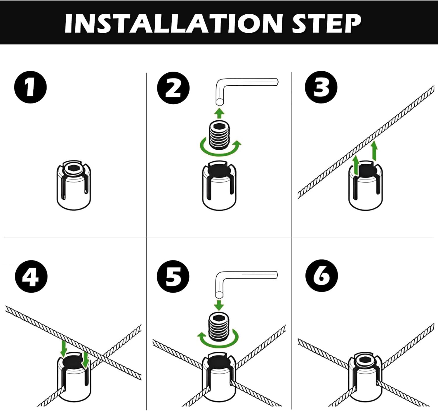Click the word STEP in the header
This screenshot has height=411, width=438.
coord(326,23)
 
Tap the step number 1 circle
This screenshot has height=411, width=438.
coord(30,87)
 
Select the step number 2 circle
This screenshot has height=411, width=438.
coord(173,88)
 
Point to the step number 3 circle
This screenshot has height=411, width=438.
coord(321,87)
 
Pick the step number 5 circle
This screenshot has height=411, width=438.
coord(173,276)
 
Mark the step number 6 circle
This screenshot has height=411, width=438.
coord(321,276)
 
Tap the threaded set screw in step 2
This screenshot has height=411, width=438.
coord(220,135)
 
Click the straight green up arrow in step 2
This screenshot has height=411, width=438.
coord(220,113)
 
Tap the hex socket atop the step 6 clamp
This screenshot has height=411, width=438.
coord(365,360)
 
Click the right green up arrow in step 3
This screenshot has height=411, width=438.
coord(374,151)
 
